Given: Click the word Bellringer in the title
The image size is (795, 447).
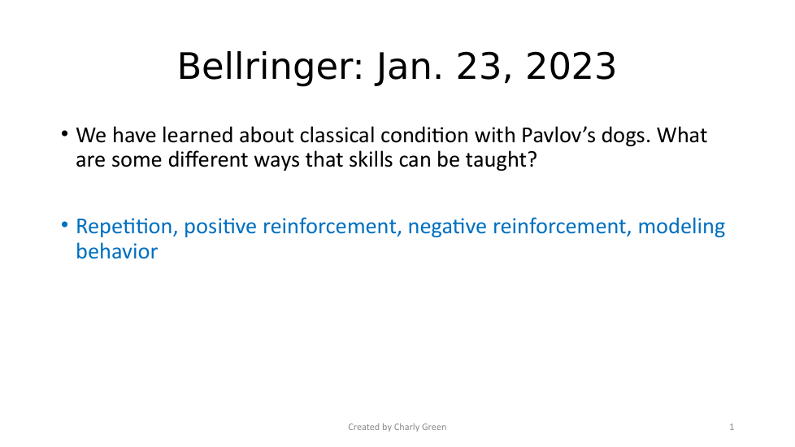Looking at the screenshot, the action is tap(270, 67).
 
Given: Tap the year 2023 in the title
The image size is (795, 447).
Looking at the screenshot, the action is tap(571, 67).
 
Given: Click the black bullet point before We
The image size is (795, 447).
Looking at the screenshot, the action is tap(64, 134).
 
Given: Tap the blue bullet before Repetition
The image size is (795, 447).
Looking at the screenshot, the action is tap(64, 224).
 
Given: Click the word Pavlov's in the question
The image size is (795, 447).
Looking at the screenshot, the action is tap(558, 135).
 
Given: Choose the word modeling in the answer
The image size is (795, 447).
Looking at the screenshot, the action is tap(681, 227).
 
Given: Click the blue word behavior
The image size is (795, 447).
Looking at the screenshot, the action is tap(116, 251).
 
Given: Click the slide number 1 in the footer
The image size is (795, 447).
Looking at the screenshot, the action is tap(732, 427).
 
